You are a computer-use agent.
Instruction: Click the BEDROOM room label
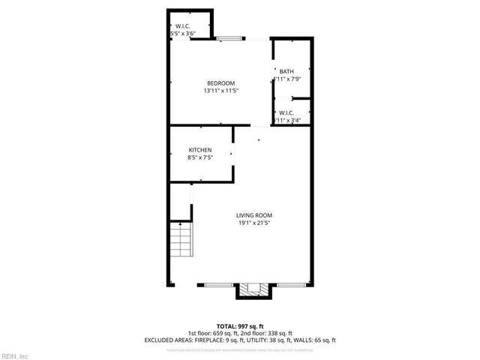tap(221, 83)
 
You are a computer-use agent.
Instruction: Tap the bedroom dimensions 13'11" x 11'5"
tap(221, 91)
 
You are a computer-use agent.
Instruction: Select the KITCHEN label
tap(199, 150)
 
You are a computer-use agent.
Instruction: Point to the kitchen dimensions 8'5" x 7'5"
tap(199, 157)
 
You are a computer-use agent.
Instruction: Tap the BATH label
tap(286, 71)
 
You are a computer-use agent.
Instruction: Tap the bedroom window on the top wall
tap(229, 38)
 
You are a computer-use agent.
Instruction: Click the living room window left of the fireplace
tap(220, 284)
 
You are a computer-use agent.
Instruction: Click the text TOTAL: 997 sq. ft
tap(240, 326)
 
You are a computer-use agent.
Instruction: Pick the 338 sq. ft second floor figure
tap(280, 333)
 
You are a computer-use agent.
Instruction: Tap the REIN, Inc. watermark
tap(14, 355)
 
